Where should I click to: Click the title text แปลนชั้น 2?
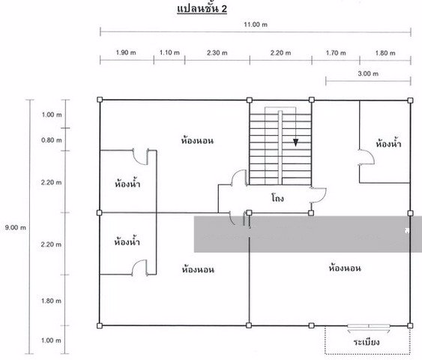click(x=202, y=7)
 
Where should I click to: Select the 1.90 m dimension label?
click(x=126, y=52)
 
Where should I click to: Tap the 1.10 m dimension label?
click(x=169, y=52)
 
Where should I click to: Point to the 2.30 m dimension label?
click(x=217, y=52)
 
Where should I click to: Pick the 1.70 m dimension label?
click(x=336, y=52)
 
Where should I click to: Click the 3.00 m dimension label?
click(x=368, y=73)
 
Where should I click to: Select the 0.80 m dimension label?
click(x=52, y=140)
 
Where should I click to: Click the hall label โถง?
click(x=277, y=199)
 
